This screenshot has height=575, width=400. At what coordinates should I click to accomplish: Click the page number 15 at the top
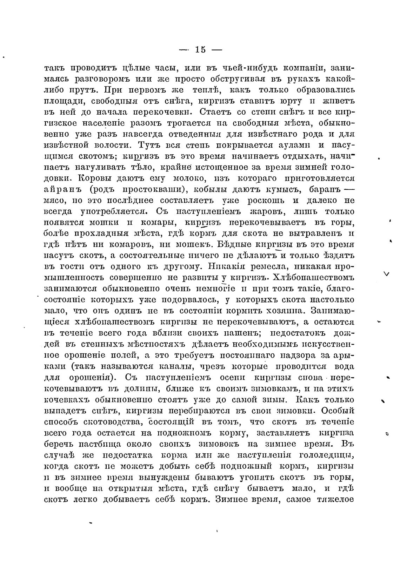(x=200, y=49)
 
